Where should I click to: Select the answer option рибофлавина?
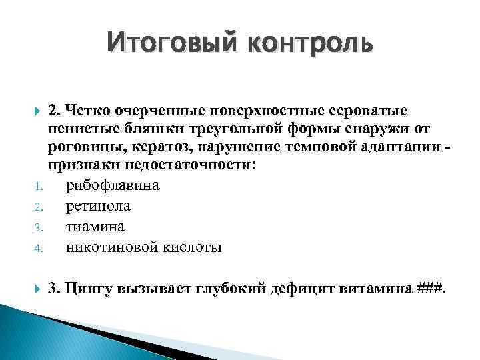tap(112, 185)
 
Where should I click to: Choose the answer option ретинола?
tap(98, 206)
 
